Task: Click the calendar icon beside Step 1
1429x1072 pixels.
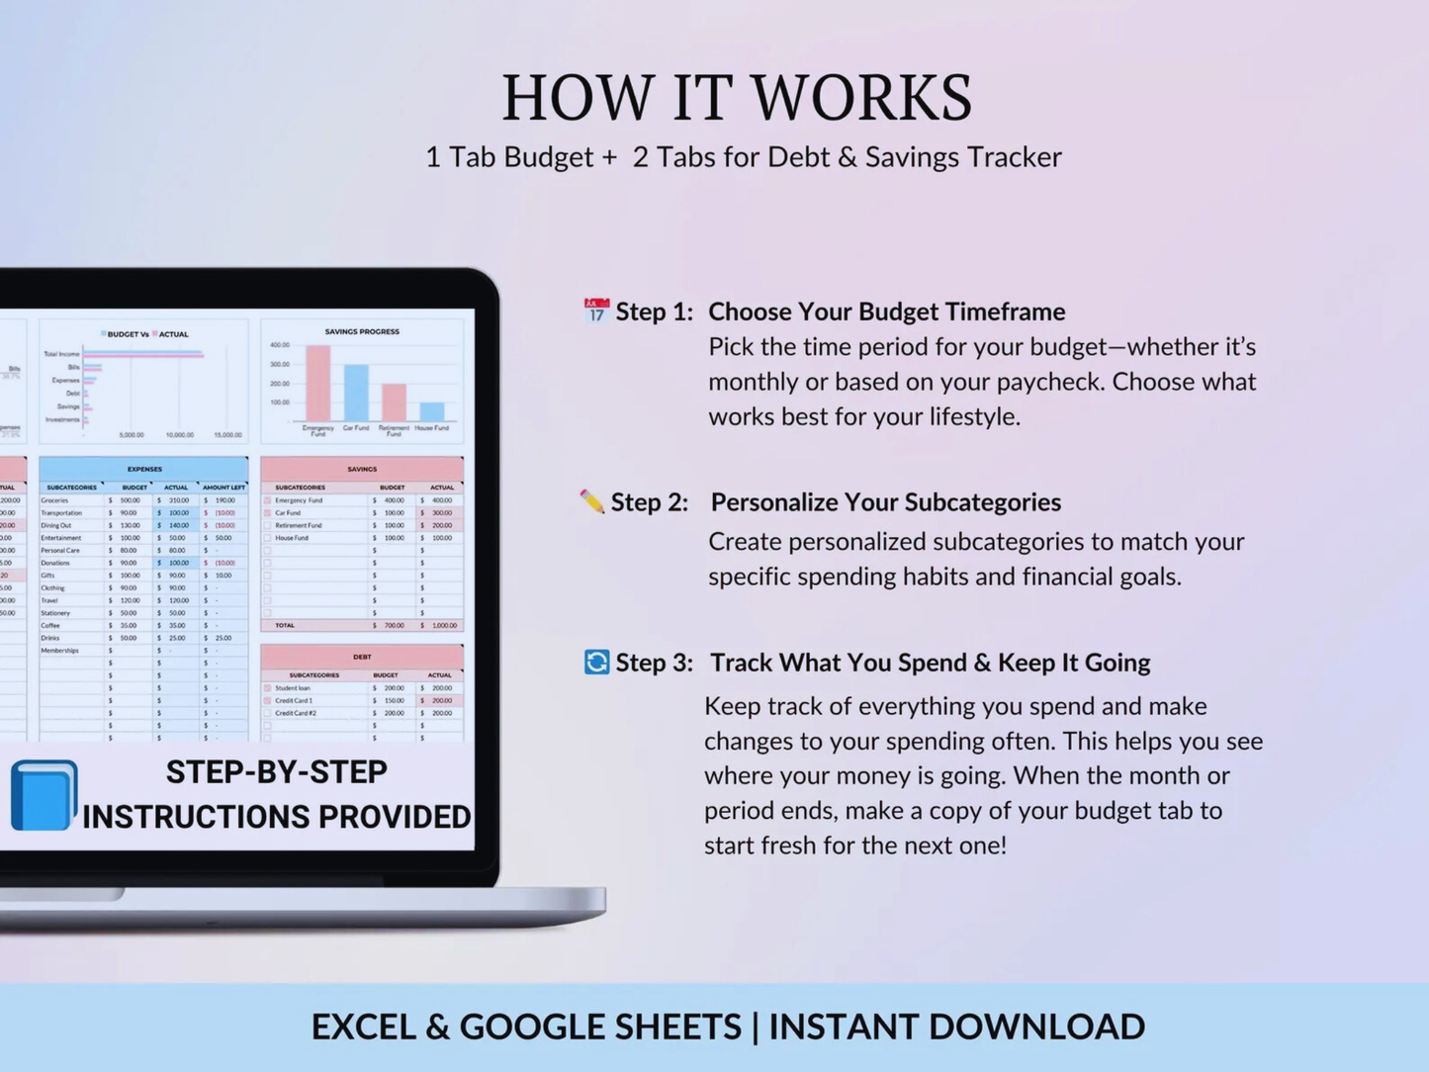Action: tap(595, 311)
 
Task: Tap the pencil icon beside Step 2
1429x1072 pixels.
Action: tap(591, 501)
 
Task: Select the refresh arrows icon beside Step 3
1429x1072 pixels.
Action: tap(596, 662)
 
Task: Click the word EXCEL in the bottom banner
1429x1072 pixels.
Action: tap(364, 1027)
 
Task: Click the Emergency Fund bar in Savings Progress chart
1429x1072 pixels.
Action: tap(317, 384)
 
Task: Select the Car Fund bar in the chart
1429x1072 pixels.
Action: tap(356, 393)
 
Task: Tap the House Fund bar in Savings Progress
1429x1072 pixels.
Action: tap(431, 411)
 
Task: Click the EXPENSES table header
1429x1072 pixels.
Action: tap(144, 469)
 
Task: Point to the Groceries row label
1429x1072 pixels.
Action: tap(55, 500)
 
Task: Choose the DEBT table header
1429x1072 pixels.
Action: tap(362, 656)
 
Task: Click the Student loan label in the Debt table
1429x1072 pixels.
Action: tap(293, 687)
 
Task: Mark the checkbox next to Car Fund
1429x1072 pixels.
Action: tap(267, 513)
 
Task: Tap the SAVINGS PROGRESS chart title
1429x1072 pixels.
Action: tap(362, 331)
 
